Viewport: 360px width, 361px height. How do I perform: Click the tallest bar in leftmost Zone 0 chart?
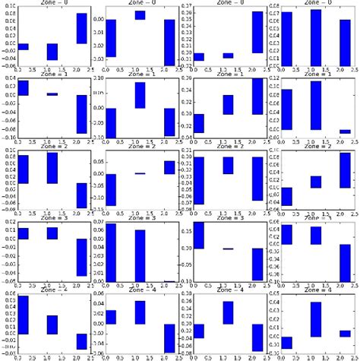click(81, 28)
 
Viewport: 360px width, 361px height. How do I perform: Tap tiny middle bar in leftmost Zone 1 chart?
click(52, 94)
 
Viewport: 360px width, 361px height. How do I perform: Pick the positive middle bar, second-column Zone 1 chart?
click(140, 95)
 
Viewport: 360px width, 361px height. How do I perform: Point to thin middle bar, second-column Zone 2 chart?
click(140, 173)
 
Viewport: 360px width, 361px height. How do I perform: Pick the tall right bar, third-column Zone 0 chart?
click(257, 32)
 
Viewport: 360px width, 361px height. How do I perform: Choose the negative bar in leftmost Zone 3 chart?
click(81, 257)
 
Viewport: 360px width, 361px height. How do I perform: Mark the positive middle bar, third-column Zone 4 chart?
click(228, 313)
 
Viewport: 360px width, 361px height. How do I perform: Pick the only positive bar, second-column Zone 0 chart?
click(140, 15)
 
